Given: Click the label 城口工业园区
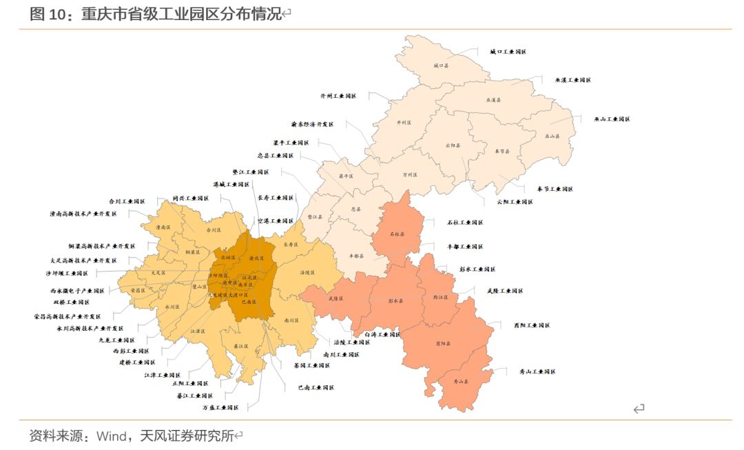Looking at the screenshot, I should (508, 52).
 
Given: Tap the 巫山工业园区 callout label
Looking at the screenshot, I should (612, 119).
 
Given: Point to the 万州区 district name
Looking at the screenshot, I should (410, 175).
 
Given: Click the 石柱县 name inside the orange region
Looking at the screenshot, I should (397, 234).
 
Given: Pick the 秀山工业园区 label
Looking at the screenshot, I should (537, 371).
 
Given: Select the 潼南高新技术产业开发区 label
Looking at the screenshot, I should (83, 214).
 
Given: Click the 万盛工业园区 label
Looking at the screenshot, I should (220, 407).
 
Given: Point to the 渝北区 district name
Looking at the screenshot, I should (256, 258).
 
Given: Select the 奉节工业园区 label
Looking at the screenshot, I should (555, 189).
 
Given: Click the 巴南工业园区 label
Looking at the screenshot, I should (316, 387).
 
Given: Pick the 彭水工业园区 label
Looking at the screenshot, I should (477, 269).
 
